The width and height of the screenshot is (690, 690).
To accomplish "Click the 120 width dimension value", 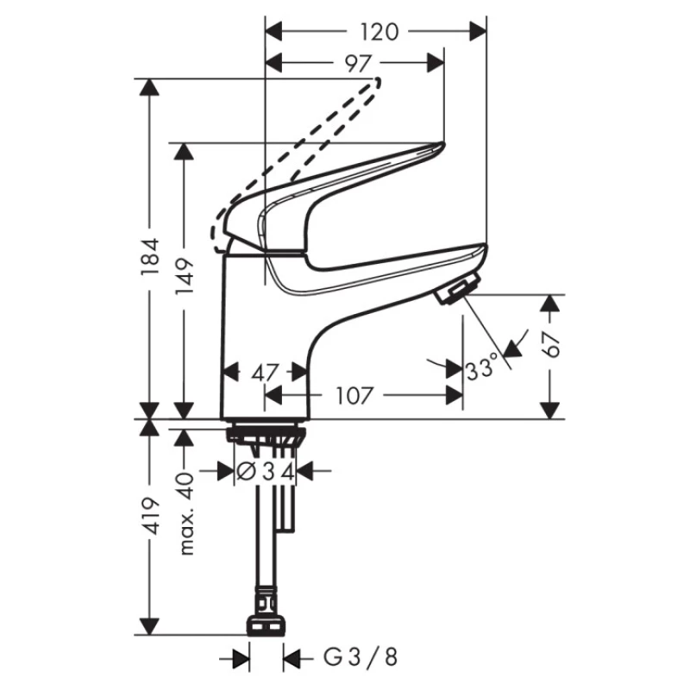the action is coord(379,32).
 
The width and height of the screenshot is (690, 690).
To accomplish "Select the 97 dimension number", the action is coord(357,64).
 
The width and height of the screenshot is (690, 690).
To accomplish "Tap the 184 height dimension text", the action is coord(149,256).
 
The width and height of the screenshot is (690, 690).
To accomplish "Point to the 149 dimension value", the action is coord(184,277).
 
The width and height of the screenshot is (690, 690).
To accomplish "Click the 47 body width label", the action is coord(266,374).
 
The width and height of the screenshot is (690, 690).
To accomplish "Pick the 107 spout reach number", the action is coord(354,396).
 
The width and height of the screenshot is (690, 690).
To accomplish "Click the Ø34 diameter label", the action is coord(266,472).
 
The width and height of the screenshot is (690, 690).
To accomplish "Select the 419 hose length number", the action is coord(149,517).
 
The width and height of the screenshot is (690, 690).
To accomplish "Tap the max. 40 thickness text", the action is coord(186,513).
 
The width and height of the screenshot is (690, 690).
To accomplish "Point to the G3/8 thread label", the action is coord(361,657).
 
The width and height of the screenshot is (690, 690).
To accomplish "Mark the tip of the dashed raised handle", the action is coord(377,81).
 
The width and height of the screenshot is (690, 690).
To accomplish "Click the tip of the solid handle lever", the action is coord(442,145).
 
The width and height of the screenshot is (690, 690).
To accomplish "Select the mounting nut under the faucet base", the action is coord(265,435).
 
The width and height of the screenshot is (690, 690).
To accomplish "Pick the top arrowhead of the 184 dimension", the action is coord(149,87).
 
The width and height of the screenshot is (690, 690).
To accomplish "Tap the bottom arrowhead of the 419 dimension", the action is coord(149,626).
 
